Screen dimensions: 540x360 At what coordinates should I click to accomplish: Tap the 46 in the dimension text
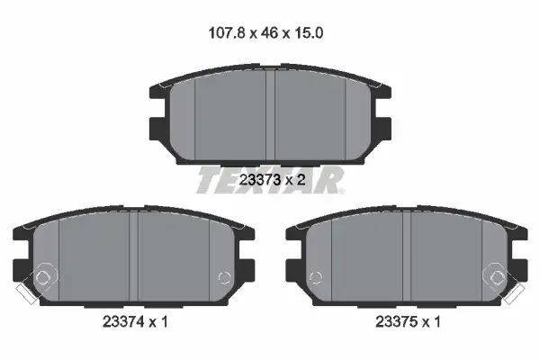click(x=269, y=33)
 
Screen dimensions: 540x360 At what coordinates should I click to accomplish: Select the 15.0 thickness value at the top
click(x=308, y=33)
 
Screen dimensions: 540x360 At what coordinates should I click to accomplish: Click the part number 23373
click(x=259, y=179)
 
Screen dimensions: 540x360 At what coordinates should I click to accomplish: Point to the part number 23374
click(x=123, y=322)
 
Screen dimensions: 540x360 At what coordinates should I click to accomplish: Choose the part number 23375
click(x=396, y=322)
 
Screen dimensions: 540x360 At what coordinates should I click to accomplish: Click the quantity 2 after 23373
click(x=301, y=179)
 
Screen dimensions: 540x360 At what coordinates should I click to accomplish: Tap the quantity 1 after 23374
click(x=164, y=322)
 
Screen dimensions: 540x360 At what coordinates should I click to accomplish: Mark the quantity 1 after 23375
click(x=436, y=322)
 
